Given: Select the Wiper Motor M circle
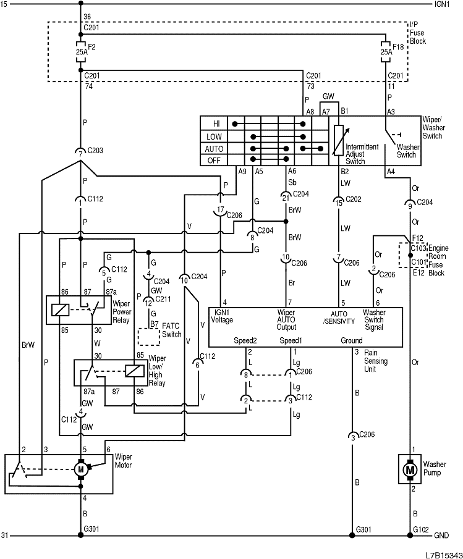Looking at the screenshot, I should coord(81,470).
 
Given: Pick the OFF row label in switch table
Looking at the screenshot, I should coord(215,161).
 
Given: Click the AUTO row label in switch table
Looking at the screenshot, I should coord(215,149).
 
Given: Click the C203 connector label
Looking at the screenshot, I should coord(96,150).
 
